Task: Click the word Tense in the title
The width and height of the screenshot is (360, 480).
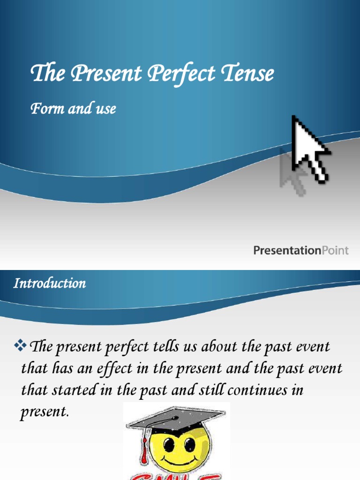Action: (248, 74)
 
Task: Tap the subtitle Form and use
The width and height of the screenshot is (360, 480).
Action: (73, 109)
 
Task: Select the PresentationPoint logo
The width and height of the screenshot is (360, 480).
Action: (301, 250)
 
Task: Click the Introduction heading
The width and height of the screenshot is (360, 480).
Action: (50, 284)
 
